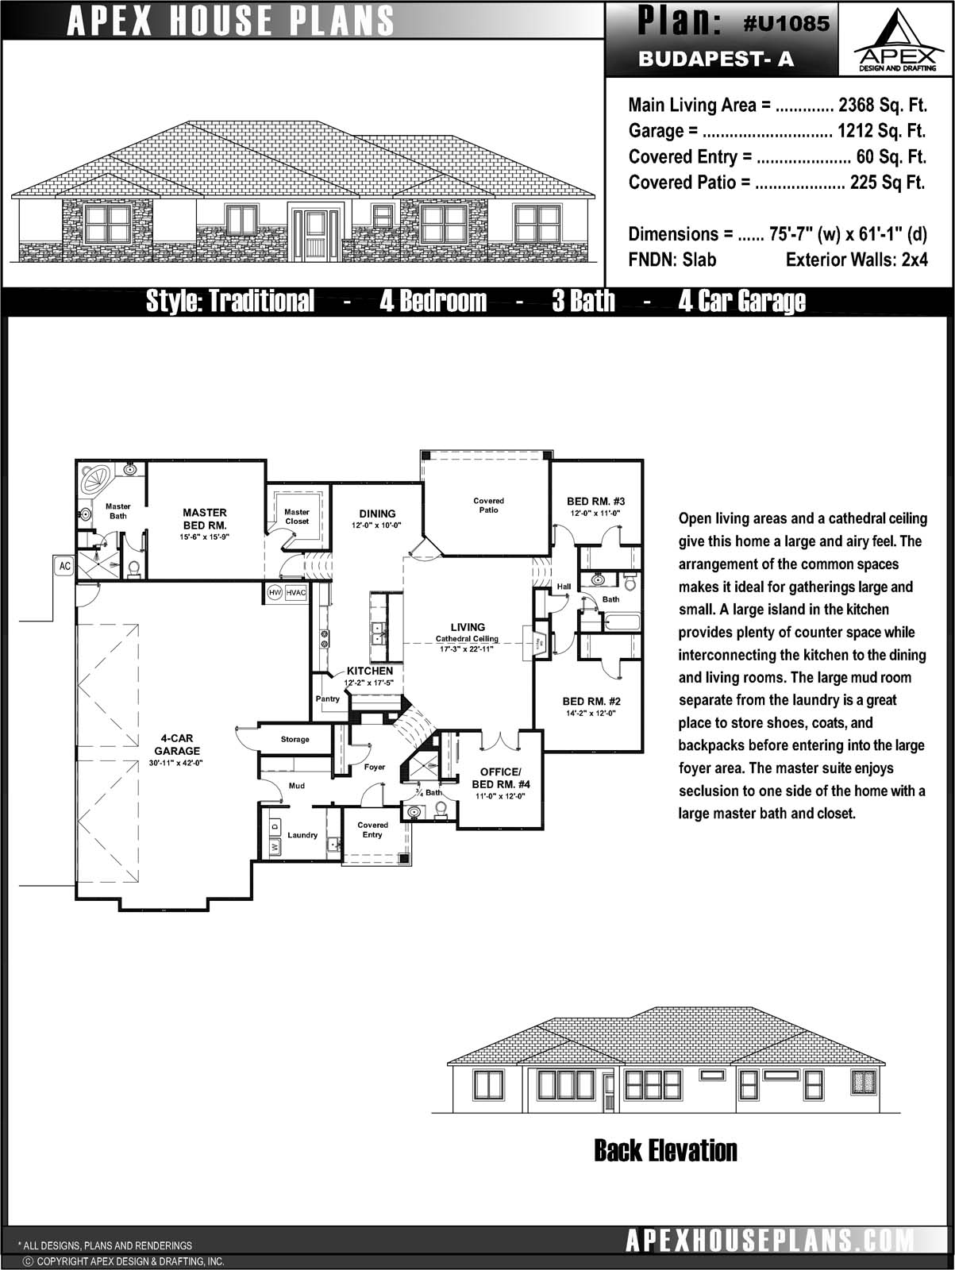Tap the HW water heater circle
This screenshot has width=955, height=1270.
(275, 593)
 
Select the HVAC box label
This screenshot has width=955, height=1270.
(295, 593)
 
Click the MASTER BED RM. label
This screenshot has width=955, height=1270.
(204, 519)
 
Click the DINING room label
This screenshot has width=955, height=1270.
(377, 514)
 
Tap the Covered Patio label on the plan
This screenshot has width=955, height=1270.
(489, 505)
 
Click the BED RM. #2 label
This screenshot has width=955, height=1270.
(591, 701)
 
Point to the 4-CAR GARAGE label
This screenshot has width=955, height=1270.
(177, 745)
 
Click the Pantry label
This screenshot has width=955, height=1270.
(327, 698)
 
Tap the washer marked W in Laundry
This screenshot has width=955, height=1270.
(275, 846)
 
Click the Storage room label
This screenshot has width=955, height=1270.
(295, 739)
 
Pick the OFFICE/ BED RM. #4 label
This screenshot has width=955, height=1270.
(501, 778)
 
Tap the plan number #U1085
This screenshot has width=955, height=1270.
(786, 22)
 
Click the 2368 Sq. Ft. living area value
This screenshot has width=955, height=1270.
(882, 105)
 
